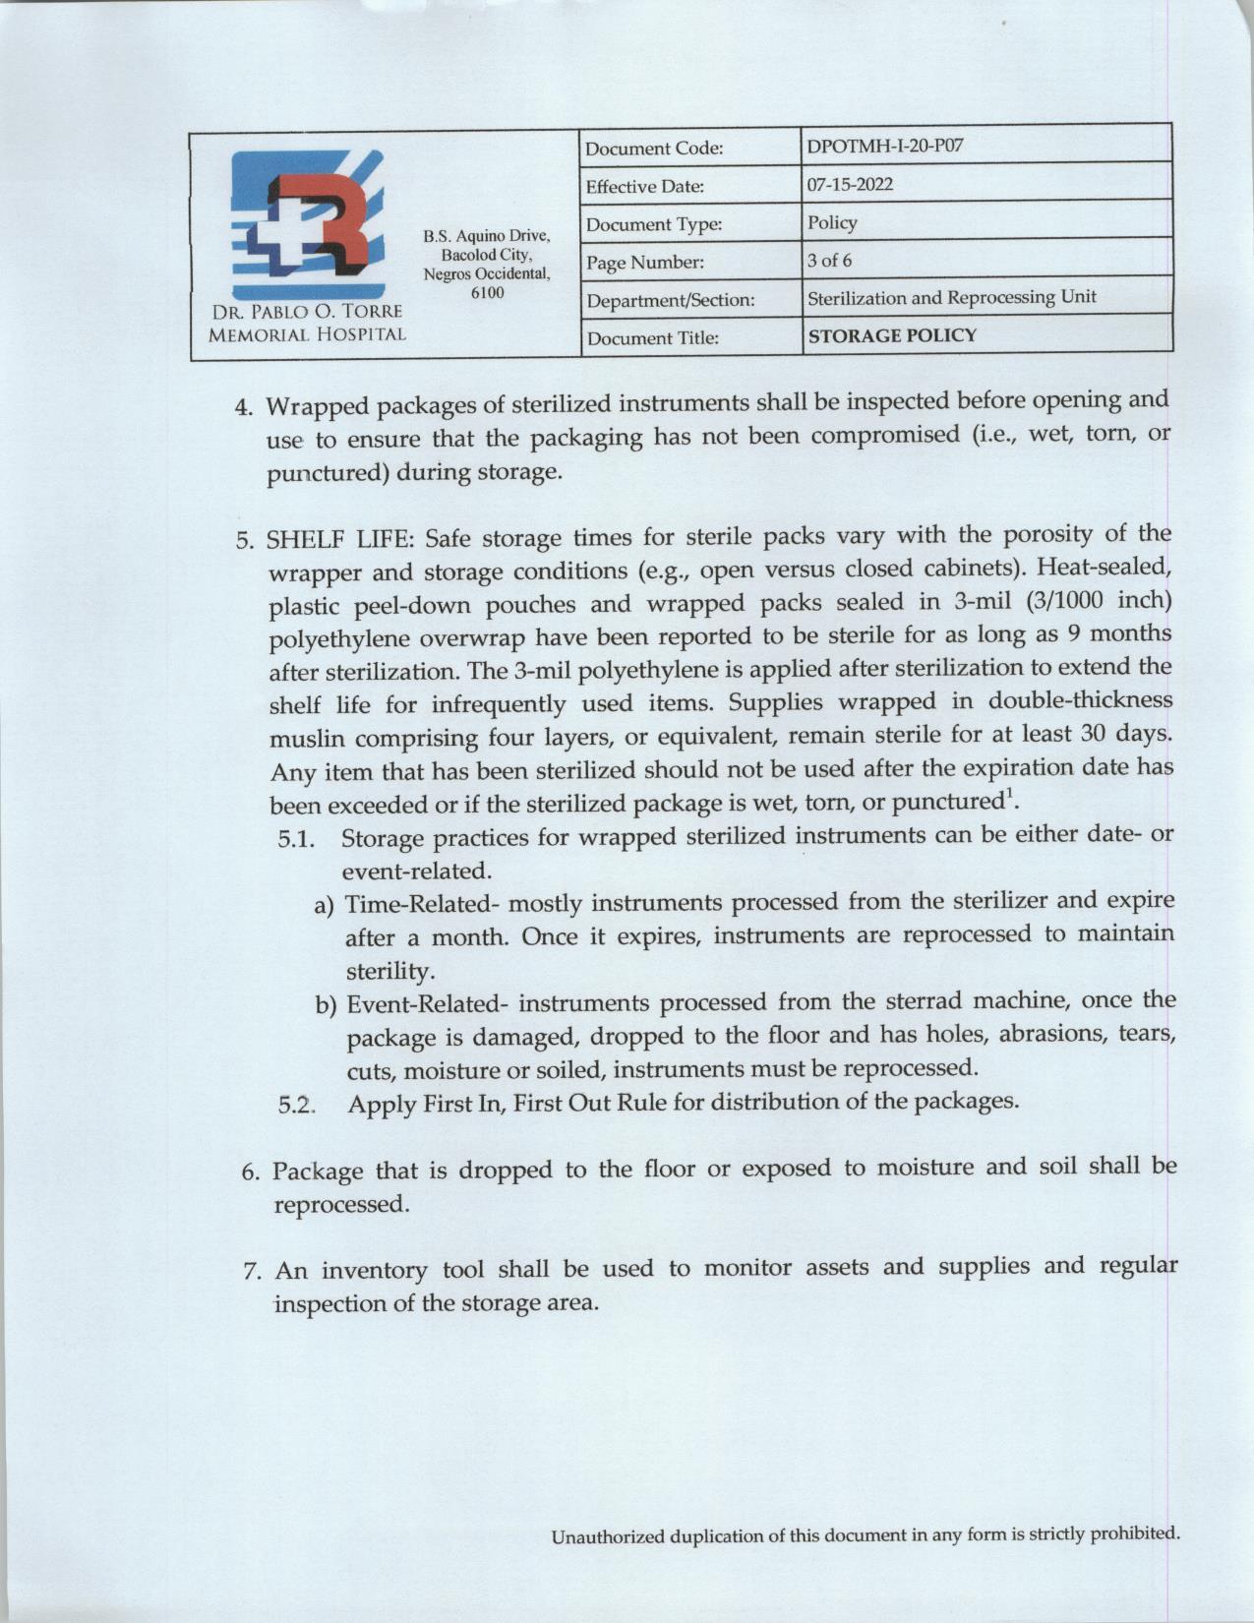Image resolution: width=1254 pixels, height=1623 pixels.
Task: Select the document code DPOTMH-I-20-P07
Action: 884,147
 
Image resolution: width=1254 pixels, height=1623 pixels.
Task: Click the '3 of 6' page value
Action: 829,261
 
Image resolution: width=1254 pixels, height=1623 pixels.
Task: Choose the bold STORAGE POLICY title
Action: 891,335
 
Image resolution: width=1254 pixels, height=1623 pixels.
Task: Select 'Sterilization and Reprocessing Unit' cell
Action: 951,297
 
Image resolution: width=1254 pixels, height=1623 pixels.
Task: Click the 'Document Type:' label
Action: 653,225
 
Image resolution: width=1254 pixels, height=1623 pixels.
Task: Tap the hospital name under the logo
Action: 307,323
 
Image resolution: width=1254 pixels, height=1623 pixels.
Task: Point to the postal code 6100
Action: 487,293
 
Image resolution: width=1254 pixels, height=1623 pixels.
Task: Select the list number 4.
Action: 244,407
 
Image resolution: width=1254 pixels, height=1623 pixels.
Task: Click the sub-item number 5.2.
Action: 296,1105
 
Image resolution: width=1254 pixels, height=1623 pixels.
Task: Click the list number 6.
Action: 251,1172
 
